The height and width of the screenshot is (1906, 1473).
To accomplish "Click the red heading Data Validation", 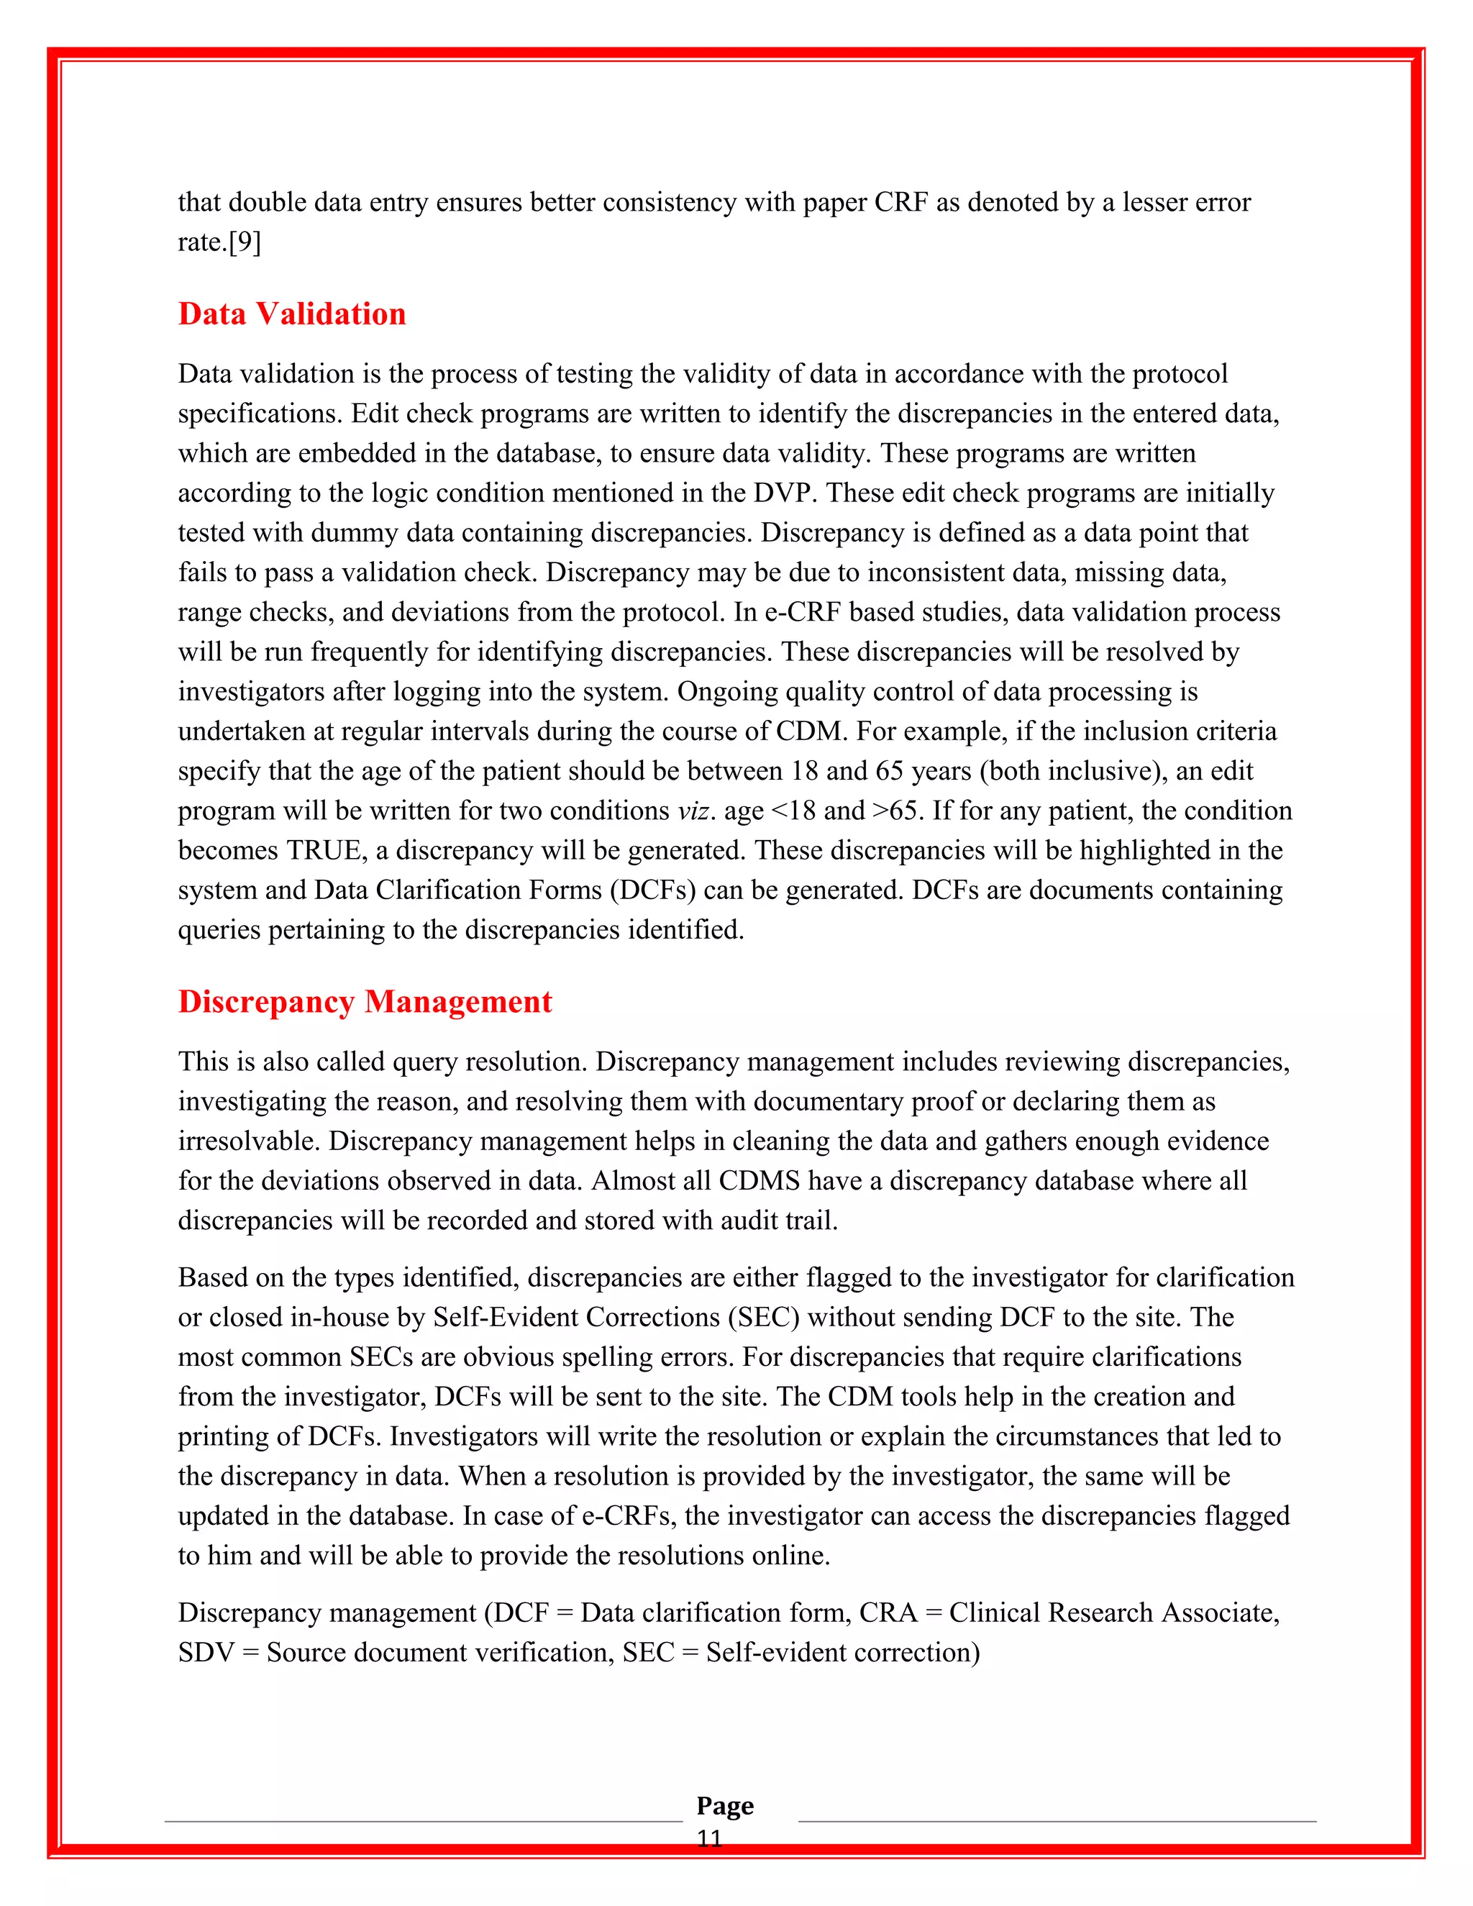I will (x=291, y=314).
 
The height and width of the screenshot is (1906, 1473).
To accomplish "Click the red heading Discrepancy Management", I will (x=365, y=1002).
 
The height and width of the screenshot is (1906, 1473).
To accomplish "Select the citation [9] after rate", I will (x=245, y=242).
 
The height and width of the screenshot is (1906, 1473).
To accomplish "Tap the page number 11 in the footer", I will (x=709, y=1839).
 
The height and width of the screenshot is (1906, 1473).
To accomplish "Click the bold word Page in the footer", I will (x=724, y=1805).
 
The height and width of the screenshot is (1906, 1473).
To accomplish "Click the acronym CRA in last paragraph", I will (x=888, y=1613).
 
